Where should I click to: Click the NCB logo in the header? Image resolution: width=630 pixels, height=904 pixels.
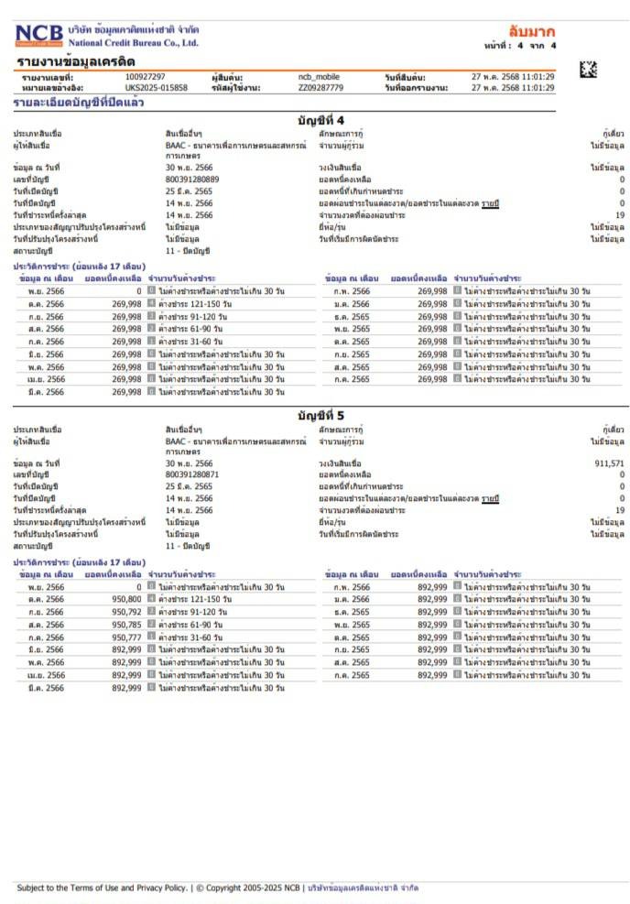point(38,36)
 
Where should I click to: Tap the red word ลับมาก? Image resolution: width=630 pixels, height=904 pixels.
point(532,32)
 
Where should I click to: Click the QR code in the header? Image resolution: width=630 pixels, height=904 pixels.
point(588,69)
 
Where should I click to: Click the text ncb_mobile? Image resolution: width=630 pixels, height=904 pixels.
point(319,77)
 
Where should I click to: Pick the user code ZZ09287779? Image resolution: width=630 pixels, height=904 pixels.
point(320,88)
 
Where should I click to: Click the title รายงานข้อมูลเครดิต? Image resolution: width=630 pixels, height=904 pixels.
point(76,61)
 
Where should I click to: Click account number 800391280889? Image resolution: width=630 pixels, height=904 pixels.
point(192,180)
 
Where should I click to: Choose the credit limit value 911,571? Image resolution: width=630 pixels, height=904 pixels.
point(609,463)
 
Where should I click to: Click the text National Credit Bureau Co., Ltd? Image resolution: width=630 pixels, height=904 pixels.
point(134,43)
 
